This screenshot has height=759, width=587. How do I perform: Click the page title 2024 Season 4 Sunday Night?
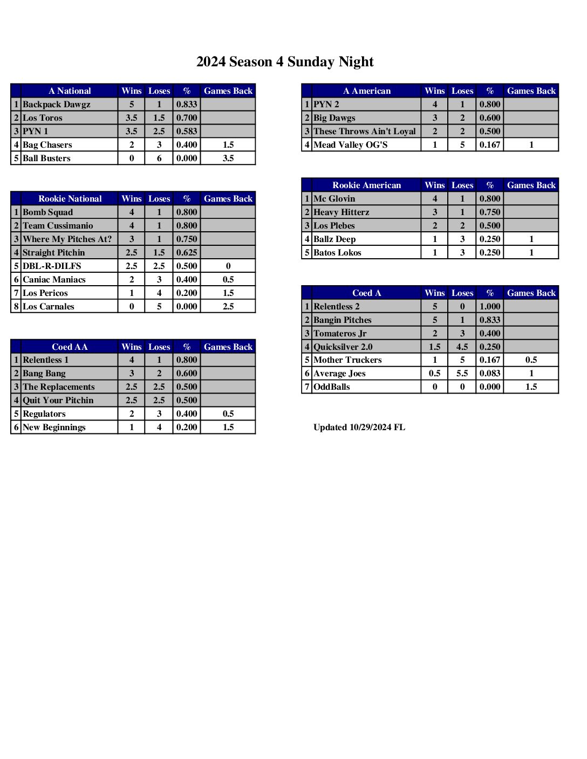pos(285,62)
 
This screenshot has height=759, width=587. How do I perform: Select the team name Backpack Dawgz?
pos(57,105)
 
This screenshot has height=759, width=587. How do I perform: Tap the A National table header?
pos(70,91)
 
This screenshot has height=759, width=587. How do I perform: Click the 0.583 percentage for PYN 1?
pos(187,132)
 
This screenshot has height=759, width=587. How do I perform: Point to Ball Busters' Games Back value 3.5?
pos(228,158)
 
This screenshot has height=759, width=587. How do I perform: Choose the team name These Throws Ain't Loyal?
pos(365,132)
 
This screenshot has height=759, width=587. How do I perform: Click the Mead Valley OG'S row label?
pos(351,145)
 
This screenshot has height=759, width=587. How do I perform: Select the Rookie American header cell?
pos(367,185)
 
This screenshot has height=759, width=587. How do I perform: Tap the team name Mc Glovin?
pos(335,199)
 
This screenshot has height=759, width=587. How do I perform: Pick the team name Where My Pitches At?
pos(67,239)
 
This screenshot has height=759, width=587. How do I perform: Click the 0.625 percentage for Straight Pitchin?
pos(187,253)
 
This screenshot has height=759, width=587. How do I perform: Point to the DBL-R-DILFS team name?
pos(52,266)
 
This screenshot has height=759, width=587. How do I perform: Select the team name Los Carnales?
pos(49,307)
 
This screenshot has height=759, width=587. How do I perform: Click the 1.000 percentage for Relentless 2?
pos(490,307)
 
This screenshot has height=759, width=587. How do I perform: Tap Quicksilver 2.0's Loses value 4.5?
pos(462,347)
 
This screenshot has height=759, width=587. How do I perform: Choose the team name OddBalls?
pos(332,387)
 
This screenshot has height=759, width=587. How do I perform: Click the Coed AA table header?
pos(70,347)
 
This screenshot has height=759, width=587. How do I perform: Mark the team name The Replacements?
pos(59,387)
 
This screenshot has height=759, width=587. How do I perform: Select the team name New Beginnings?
pos(54,427)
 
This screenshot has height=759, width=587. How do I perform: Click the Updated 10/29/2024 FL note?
pos(359,427)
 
